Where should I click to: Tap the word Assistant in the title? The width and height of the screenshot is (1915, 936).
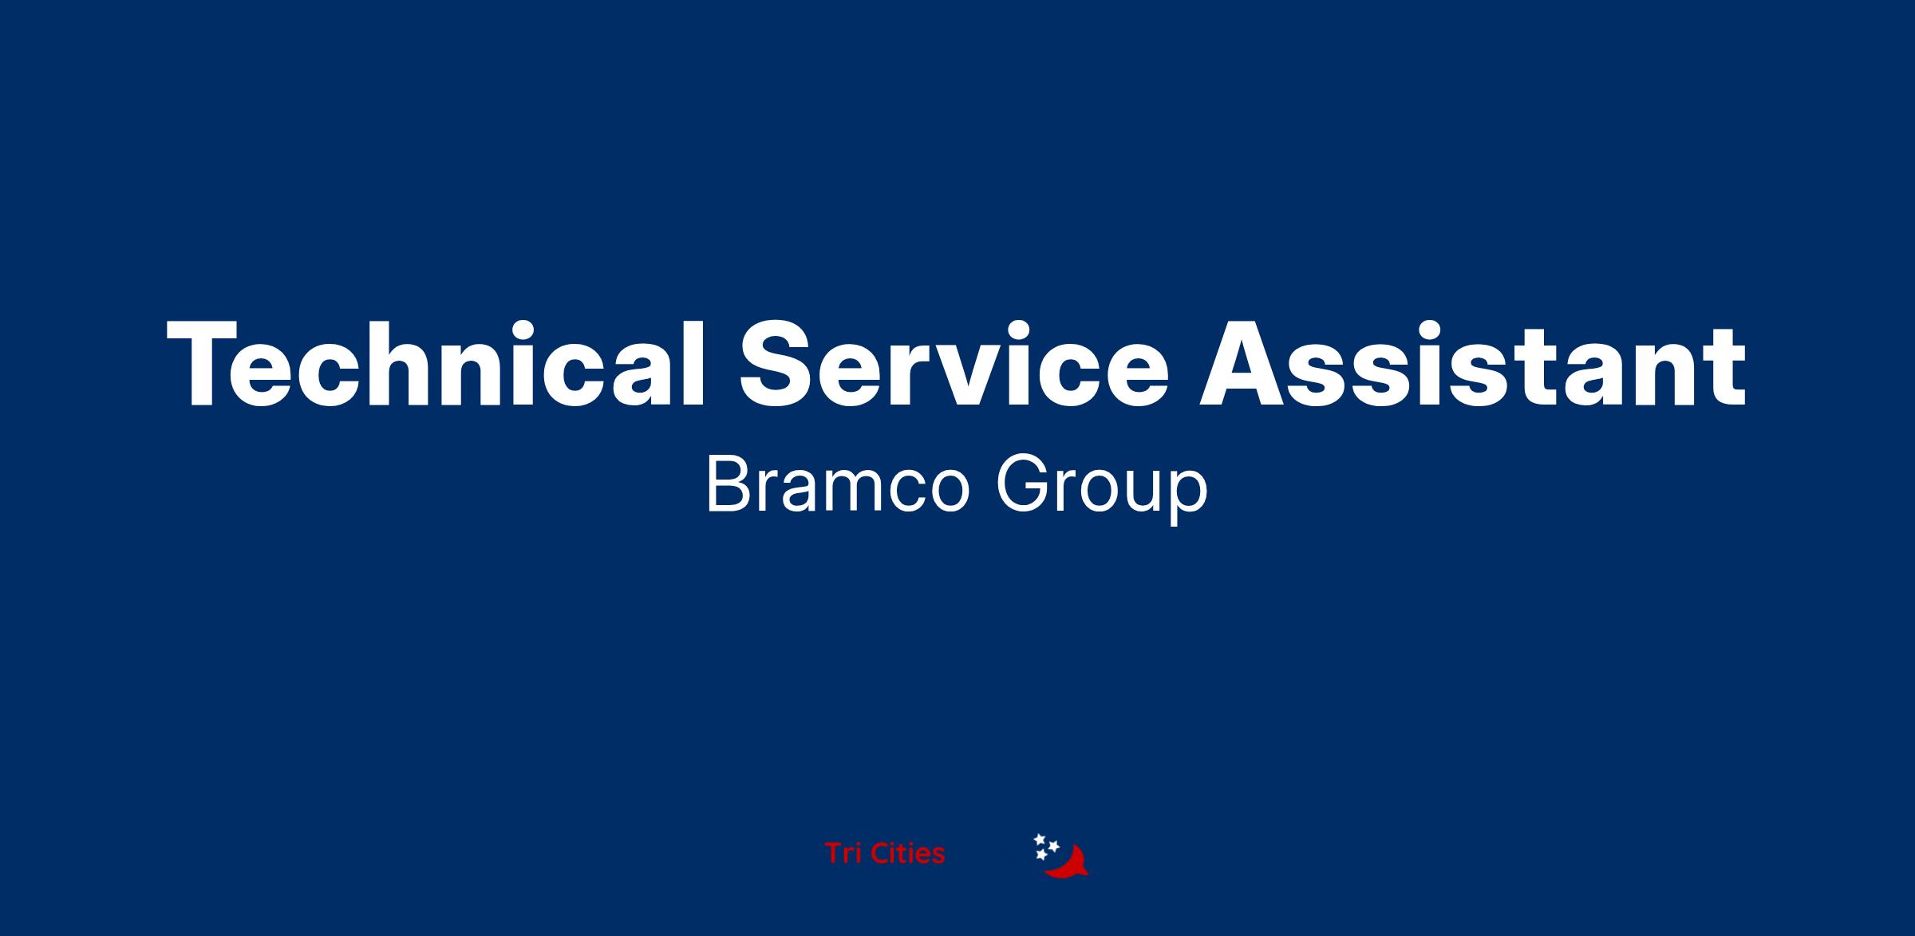pyautogui.click(x=1473, y=364)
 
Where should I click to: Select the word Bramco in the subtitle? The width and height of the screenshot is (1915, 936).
pyautogui.click(x=838, y=486)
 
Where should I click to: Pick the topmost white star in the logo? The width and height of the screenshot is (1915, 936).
pyautogui.click(x=1040, y=839)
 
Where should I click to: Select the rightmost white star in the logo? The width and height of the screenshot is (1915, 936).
pyautogui.click(x=1053, y=846)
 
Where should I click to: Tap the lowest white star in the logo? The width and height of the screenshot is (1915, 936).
pyautogui.click(x=1041, y=855)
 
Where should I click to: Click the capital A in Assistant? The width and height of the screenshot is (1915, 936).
pyautogui.click(x=1243, y=364)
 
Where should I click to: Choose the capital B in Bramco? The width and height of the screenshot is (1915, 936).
pyautogui.click(x=727, y=486)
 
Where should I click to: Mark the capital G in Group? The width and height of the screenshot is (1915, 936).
pyautogui.click(x=1021, y=486)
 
